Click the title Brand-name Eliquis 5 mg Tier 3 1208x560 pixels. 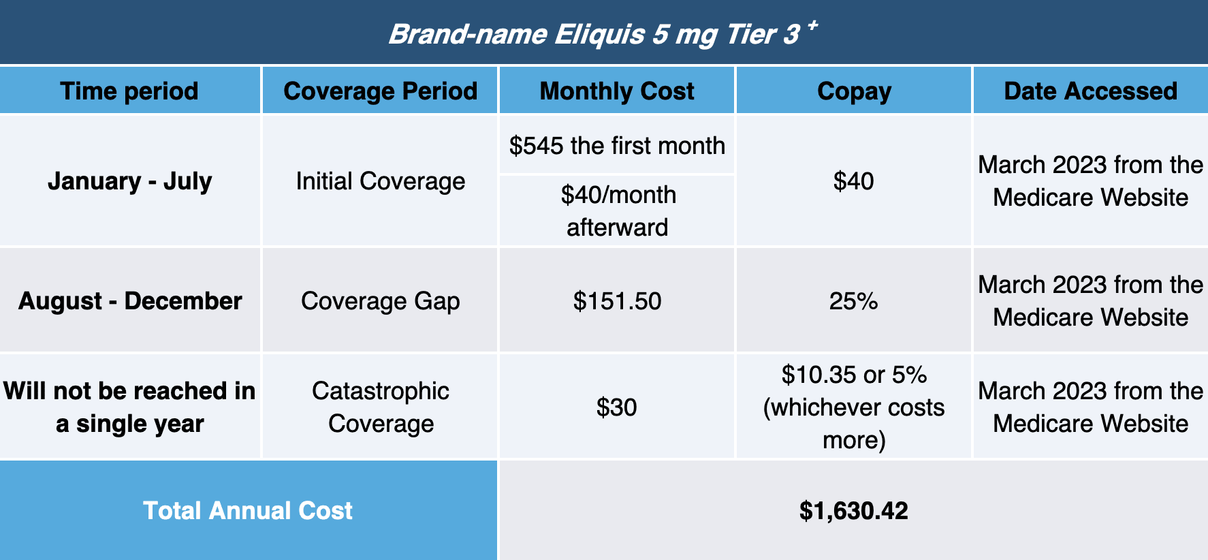tap(594, 34)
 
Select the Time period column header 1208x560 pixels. tap(129, 91)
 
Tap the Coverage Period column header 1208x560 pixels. tap(381, 91)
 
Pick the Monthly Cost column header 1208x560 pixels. tap(617, 91)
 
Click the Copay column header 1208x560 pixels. tap(854, 91)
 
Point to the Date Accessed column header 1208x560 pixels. tap(1091, 91)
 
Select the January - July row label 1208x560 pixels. tap(129, 181)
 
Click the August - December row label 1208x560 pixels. tap(130, 301)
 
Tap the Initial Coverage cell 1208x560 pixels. tap(381, 181)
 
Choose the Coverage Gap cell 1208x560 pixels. tap(381, 301)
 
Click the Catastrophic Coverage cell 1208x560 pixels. tap(381, 407)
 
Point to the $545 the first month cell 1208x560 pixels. tap(617, 146)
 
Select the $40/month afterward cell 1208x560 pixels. tap(618, 211)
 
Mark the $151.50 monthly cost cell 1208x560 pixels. tap(617, 301)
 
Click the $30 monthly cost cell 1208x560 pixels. tap(617, 407)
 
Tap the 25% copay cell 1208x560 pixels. tap(854, 301)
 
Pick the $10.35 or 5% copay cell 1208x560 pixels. tap(854, 407)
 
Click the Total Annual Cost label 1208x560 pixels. tap(248, 511)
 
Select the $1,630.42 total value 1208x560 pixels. tap(854, 511)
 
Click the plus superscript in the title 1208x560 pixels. tap(811, 26)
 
